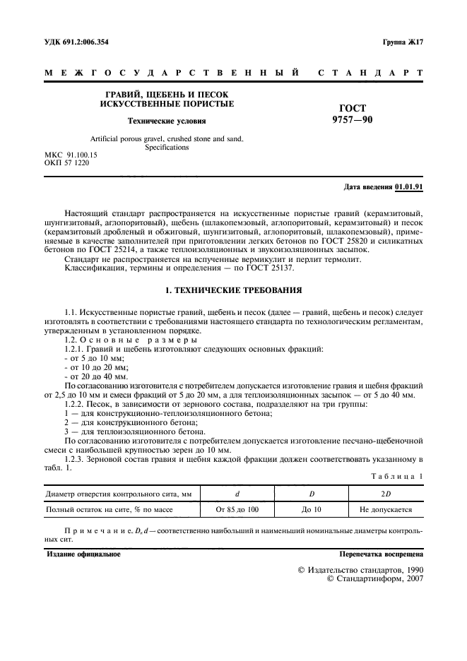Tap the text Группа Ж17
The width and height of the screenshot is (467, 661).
pos(402,42)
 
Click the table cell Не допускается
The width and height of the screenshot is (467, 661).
pos(386,508)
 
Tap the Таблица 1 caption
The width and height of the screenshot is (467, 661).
pos(396,477)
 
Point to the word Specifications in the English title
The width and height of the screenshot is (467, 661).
pos(167,148)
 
